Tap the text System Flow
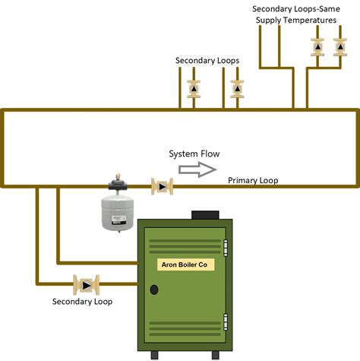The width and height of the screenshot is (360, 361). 194,154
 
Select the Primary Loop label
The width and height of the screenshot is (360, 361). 253,181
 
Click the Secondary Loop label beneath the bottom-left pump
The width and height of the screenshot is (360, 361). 82,302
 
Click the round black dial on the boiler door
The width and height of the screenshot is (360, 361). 154,290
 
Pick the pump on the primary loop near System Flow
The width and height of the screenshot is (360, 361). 161,185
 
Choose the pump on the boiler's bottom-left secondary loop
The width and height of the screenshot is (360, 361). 84,285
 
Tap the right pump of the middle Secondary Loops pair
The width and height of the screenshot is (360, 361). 237,87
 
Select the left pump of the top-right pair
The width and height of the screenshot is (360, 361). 317,47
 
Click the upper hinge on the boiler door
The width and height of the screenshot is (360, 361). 225,249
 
